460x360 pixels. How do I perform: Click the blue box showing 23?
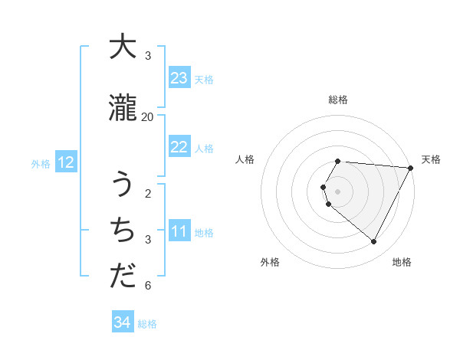[179, 78]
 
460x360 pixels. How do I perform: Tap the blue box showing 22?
[179, 147]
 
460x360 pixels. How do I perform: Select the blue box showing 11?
[179, 231]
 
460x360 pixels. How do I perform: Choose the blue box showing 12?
[65, 162]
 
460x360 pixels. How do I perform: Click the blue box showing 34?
[122, 322]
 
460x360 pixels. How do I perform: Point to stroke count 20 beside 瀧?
[148, 116]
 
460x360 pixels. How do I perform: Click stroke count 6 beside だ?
[148, 286]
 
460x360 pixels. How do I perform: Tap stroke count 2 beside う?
[148, 193]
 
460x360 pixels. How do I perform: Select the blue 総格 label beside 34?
[147, 324]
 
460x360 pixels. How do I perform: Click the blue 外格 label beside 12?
[41, 163]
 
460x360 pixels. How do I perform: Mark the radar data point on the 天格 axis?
[411, 168]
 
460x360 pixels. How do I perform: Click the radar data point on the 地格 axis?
[374, 242]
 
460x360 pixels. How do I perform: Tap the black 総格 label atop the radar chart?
[338, 100]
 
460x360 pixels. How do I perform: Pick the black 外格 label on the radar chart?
[270, 262]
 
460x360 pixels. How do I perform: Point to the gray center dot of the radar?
[338, 191]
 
